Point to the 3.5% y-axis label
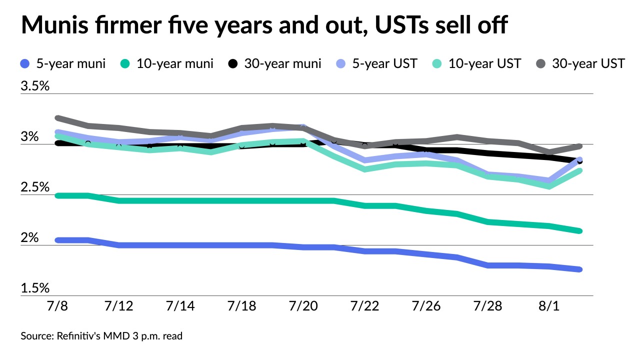35,86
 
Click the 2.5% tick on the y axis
35,187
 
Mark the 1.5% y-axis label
35,289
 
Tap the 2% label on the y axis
29,238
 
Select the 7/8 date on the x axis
58,306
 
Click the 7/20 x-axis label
303,306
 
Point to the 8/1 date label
548,306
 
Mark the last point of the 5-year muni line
579,269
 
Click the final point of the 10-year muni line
579,231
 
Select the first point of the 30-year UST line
58,118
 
